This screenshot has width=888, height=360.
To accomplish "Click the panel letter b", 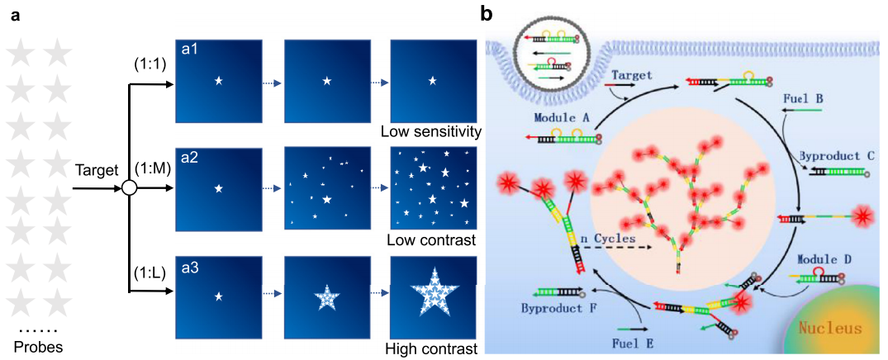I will coord(488,14).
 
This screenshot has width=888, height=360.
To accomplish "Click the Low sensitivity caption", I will coord(432,132).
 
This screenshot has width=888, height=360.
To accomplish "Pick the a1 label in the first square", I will coord(190,50).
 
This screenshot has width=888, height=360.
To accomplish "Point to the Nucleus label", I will coord(829,328).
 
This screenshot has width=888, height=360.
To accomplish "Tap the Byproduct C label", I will coord(833,154).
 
